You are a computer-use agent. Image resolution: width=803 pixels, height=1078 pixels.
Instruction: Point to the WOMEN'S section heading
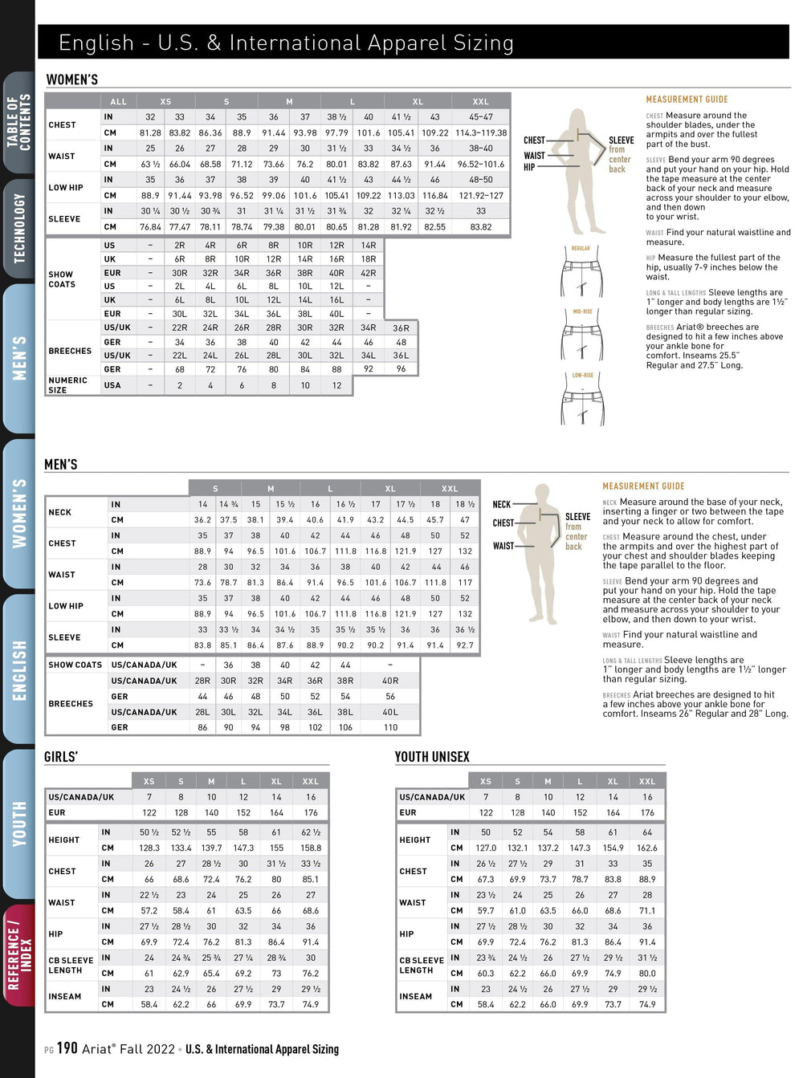pos(72,79)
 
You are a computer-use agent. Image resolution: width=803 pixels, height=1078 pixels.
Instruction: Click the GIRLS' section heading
pos(61,757)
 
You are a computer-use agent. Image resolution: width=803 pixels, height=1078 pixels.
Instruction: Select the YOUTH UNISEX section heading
pos(432,757)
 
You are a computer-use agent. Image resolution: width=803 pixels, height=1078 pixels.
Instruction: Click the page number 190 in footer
pos(67,1048)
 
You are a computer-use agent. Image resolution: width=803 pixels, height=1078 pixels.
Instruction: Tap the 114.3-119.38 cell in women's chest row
pos(481,133)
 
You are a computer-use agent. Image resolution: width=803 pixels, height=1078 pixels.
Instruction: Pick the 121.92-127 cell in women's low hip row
pos(481,196)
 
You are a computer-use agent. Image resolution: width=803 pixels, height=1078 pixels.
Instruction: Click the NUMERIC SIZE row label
pos(67,385)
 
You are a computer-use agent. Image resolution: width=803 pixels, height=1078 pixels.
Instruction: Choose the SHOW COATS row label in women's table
pos(62,279)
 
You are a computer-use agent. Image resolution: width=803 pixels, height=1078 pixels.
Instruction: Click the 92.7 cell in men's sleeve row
pos(465,645)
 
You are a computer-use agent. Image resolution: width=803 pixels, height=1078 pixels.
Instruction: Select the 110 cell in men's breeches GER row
pos(390,727)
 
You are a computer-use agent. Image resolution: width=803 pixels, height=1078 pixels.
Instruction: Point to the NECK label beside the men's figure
pos(501,505)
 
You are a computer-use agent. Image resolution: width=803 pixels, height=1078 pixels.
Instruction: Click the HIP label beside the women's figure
pos(529,168)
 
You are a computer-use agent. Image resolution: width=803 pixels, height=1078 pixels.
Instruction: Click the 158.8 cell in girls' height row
pos(311,848)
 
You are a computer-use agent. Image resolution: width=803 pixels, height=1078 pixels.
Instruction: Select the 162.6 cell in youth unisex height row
pos(647,848)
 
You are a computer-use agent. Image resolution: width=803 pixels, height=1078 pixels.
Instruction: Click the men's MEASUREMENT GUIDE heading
pos(643,486)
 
